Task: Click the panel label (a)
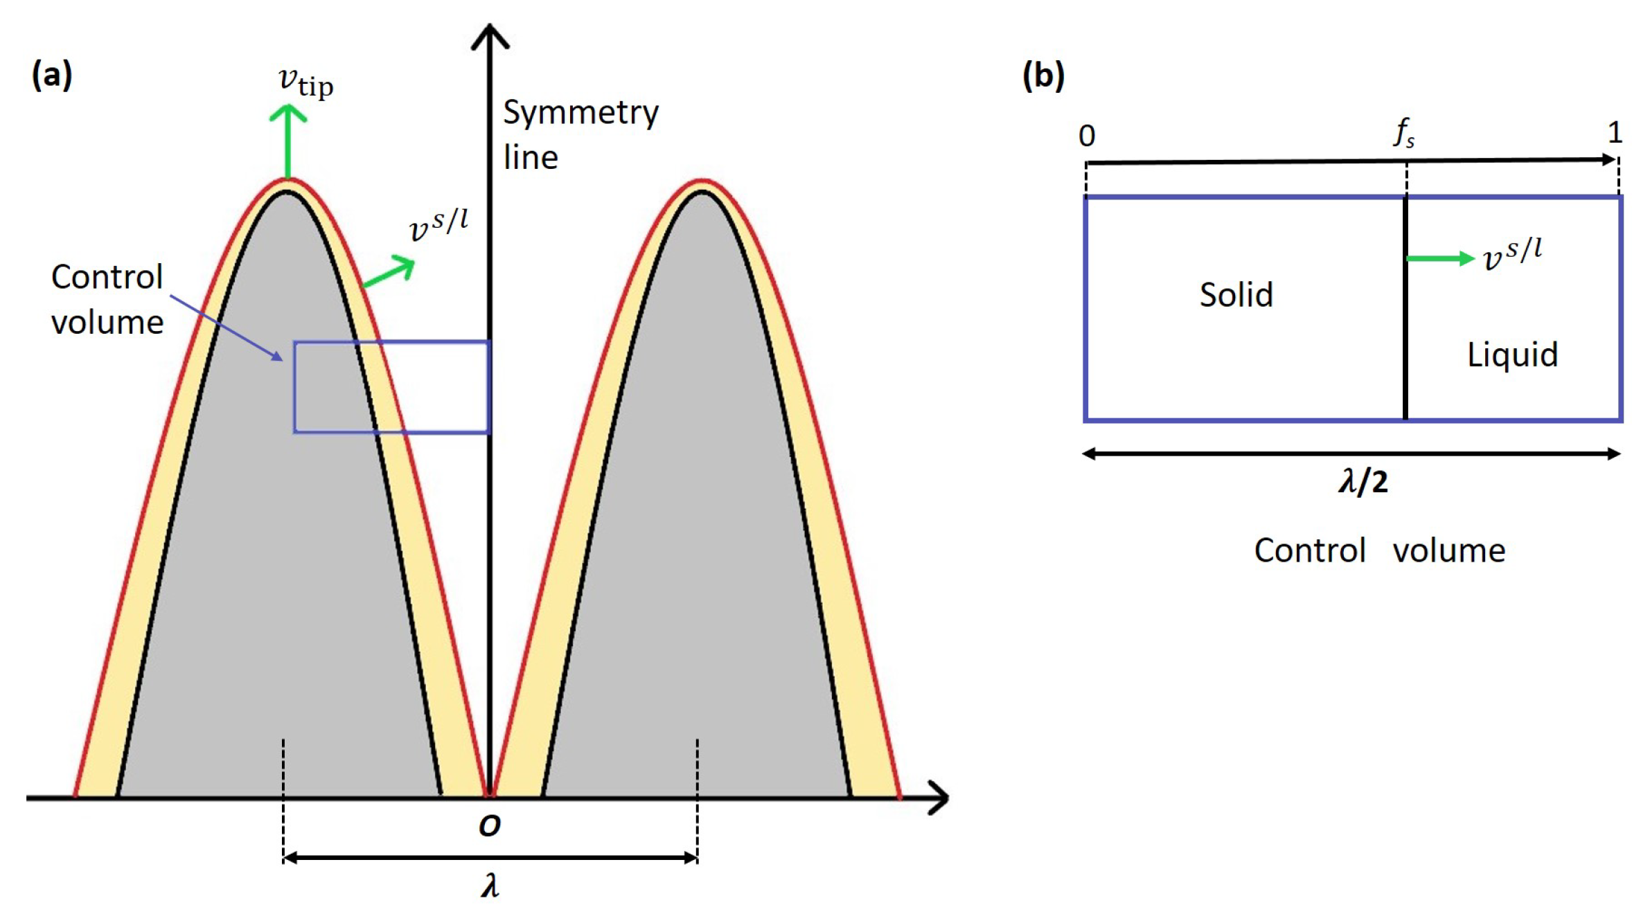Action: pyautogui.click(x=52, y=75)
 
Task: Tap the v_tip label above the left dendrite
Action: pyautogui.click(x=305, y=83)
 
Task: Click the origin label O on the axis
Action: pyautogui.click(x=489, y=825)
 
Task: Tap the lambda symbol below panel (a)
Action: pyautogui.click(x=490, y=886)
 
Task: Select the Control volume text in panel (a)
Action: pyautogui.click(x=107, y=300)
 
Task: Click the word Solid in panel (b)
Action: pyautogui.click(x=1236, y=295)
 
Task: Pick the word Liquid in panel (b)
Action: pyautogui.click(x=1512, y=355)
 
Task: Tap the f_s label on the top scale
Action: pyautogui.click(x=1403, y=132)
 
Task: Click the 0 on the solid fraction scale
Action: pyautogui.click(x=1086, y=136)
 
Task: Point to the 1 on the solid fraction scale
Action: pyautogui.click(x=1615, y=132)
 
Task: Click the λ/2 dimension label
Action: pyautogui.click(x=1363, y=482)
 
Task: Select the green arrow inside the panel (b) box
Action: pyautogui.click(x=1439, y=259)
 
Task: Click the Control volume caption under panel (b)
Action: pyautogui.click(x=1379, y=551)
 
